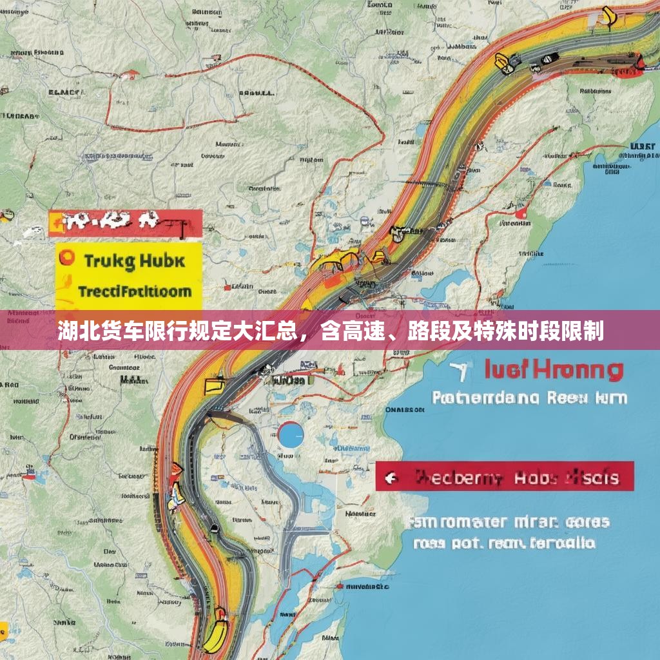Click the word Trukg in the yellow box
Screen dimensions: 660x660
coord(109,261)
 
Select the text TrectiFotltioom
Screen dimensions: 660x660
coord(134,291)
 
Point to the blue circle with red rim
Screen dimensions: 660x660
coord(291,434)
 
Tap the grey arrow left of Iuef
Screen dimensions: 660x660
coord(460,370)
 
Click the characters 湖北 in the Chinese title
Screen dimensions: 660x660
coord(73,333)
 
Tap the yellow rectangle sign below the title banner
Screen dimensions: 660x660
coord(213,385)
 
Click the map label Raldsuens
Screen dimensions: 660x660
coord(596,92)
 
